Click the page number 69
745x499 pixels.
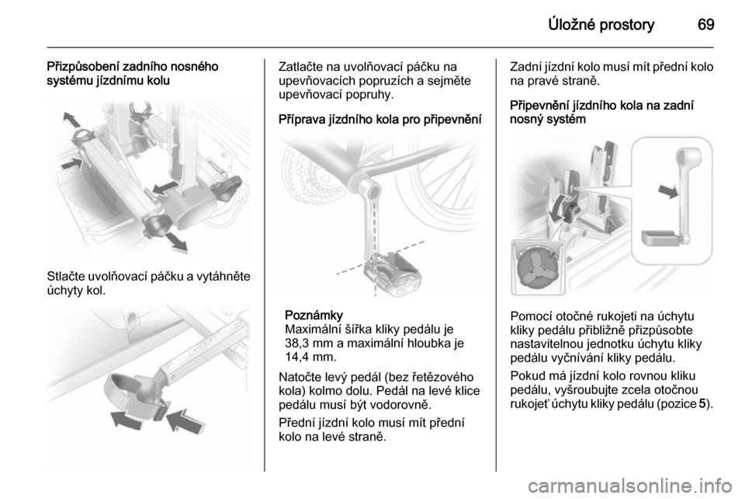tap(705, 24)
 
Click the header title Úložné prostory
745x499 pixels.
tap(601, 24)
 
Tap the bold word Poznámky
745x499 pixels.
tap(314, 316)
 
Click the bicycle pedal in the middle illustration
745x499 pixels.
tap(393, 272)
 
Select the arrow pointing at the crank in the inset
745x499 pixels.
tap(668, 192)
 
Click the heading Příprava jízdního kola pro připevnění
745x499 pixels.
tap(380, 119)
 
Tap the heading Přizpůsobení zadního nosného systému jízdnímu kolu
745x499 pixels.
tap(133, 73)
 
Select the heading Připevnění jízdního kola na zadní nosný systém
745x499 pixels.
tap(602, 112)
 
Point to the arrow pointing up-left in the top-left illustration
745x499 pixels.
tap(72, 119)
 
